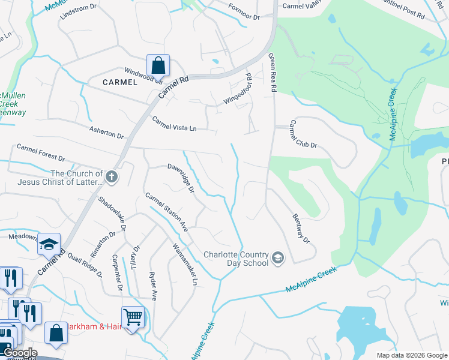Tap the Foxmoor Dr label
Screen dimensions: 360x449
tap(244, 13)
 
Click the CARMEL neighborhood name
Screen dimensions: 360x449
tap(120, 82)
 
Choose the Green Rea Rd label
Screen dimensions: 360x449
tap(273, 72)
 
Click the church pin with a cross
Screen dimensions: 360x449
tap(112, 177)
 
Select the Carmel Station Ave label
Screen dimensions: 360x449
tap(167, 212)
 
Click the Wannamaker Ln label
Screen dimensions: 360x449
tap(184, 264)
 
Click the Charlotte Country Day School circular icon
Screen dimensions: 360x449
tap(278, 258)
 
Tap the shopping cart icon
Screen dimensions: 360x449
tap(133, 316)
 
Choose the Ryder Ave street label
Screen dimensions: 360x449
tap(153, 284)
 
